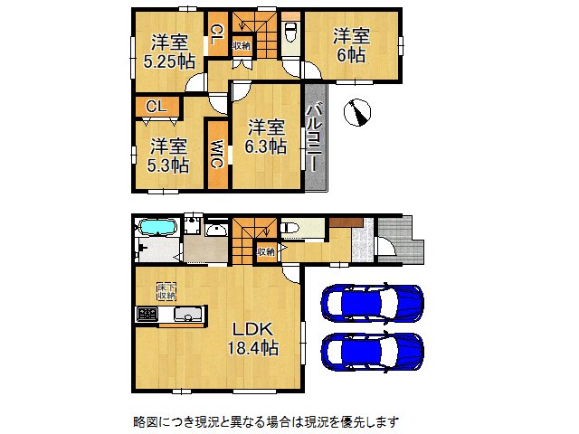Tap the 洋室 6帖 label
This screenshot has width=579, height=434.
point(351,45)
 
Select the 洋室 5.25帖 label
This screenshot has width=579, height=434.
point(169,51)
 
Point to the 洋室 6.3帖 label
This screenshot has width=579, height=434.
point(268,135)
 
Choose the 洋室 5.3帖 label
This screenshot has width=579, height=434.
point(169,155)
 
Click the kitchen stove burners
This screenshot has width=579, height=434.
point(147,315)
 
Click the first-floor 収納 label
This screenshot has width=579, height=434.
point(266,251)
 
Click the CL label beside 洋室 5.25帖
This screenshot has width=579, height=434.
point(217,34)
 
